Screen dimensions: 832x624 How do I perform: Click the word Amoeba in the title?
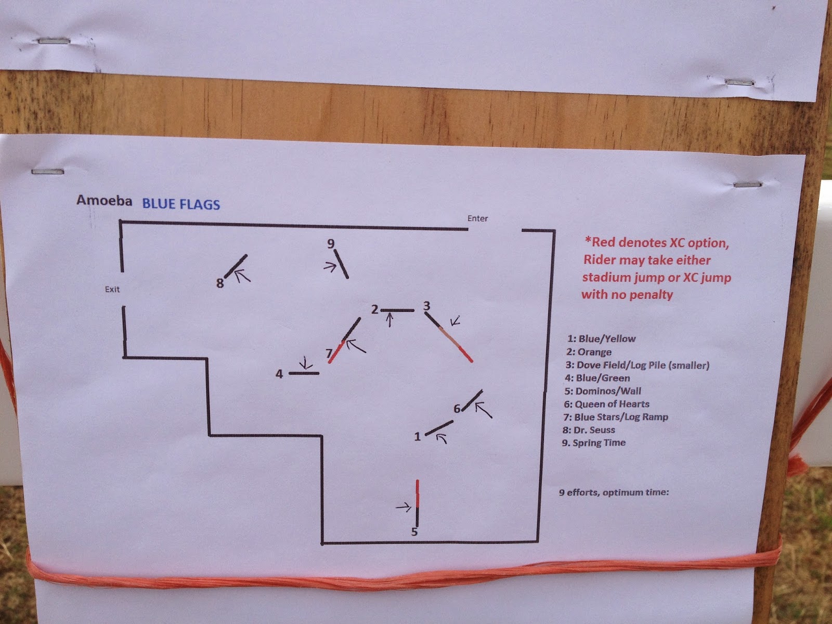[x=104, y=200]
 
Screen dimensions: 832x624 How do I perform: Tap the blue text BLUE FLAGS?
[x=181, y=204]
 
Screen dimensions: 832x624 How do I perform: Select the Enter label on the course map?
[x=477, y=218]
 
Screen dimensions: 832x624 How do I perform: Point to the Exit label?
[x=112, y=290]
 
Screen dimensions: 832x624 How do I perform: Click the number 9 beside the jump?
[x=331, y=243]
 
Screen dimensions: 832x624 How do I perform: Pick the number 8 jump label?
[x=220, y=283]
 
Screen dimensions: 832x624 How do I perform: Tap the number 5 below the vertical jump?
[x=414, y=532]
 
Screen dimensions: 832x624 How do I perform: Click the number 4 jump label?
[x=279, y=374]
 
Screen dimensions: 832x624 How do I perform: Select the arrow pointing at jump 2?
[x=389, y=320]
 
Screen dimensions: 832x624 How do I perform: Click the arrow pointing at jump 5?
[x=404, y=507]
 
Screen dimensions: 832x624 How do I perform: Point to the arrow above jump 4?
[x=306, y=363]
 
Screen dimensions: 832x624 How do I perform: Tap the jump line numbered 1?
[x=439, y=428]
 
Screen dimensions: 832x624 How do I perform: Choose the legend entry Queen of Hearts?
[x=606, y=404]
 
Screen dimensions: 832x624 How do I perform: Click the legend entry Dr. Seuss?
[x=589, y=430]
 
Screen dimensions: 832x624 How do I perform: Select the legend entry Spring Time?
[x=594, y=443]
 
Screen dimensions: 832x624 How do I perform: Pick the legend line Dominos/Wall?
[x=603, y=391]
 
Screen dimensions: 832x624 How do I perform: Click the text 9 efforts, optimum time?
[x=614, y=492]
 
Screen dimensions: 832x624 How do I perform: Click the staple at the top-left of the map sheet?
[x=48, y=172]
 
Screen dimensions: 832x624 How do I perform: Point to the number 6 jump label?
[x=457, y=409]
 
